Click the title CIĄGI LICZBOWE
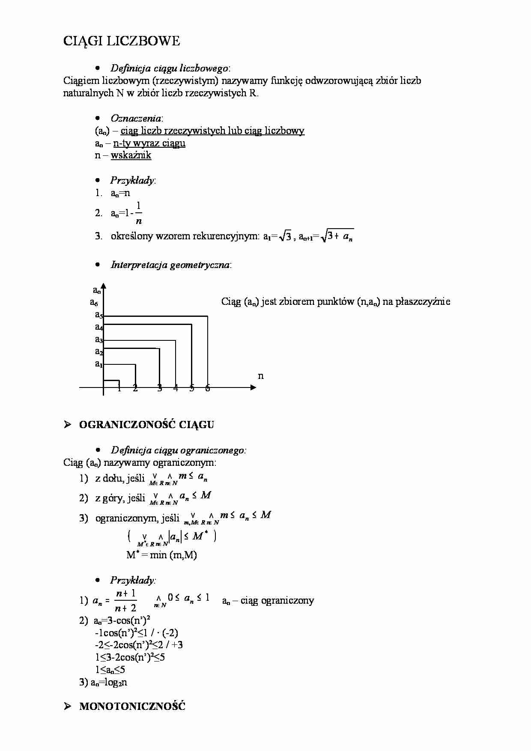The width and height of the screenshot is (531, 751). [x=122, y=41]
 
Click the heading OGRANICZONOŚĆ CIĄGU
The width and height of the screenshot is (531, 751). [x=146, y=425]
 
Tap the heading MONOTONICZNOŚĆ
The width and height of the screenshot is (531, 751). [x=132, y=706]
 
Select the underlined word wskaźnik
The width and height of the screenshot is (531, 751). [x=131, y=155]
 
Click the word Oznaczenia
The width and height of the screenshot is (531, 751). [x=136, y=118]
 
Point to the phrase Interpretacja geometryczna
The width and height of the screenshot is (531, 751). [x=170, y=265]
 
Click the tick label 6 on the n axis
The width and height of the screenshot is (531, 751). [x=208, y=388]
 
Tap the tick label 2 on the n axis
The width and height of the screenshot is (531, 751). [x=135, y=388]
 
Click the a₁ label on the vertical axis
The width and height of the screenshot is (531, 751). [x=98, y=364]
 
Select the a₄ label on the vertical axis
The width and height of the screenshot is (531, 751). [x=98, y=328]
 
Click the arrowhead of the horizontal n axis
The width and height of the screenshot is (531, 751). [x=253, y=387]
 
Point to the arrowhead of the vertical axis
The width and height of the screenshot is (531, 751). [x=103, y=286]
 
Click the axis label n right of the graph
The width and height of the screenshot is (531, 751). [x=261, y=376]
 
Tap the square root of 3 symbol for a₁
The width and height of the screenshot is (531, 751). [x=286, y=236]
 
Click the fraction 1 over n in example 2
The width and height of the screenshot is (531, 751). [x=138, y=213]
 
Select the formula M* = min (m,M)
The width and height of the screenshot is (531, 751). [x=162, y=555]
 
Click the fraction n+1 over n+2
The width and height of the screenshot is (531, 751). [x=125, y=600]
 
